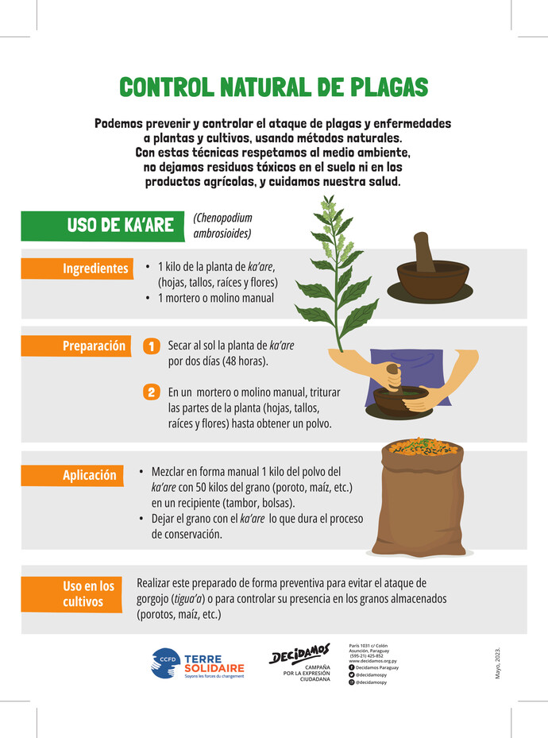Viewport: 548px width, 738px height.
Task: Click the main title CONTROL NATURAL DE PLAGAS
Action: pyautogui.click(x=274, y=87)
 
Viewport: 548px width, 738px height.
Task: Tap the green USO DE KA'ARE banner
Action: pyautogui.click(x=102, y=226)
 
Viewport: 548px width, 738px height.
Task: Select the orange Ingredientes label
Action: pyautogui.click(x=77, y=269)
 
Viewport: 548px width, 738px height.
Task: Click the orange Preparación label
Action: pyautogui.click(x=76, y=346)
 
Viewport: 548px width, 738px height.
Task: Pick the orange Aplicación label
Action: pyautogui.click(x=72, y=475)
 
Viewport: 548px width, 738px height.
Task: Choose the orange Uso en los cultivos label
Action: pyautogui.click(x=71, y=594)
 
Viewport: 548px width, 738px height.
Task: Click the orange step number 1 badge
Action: pyautogui.click(x=152, y=346)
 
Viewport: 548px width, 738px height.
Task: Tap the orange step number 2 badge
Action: pyautogui.click(x=152, y=392)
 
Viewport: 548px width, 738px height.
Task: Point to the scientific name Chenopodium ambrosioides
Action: pyautogui.click(x=222, y=226)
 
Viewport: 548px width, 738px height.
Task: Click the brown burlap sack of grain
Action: pyautogui.click(x=419, y=501)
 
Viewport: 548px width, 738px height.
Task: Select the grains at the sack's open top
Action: pyautogui.click(x=423, y=446)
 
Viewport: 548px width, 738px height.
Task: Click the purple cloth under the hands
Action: pyautogui.click(x=407, y=377)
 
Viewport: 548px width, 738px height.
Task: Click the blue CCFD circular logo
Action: pyautogui.click(x=165, y=663)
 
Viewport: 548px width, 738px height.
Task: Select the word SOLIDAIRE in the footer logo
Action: pyautogui.click(x=214, y=668)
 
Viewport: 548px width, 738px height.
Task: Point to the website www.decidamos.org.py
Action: pyautogui.click(x=372, y=661)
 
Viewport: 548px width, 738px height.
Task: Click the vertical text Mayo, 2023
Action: pyautogui.click(x=498, y=663)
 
